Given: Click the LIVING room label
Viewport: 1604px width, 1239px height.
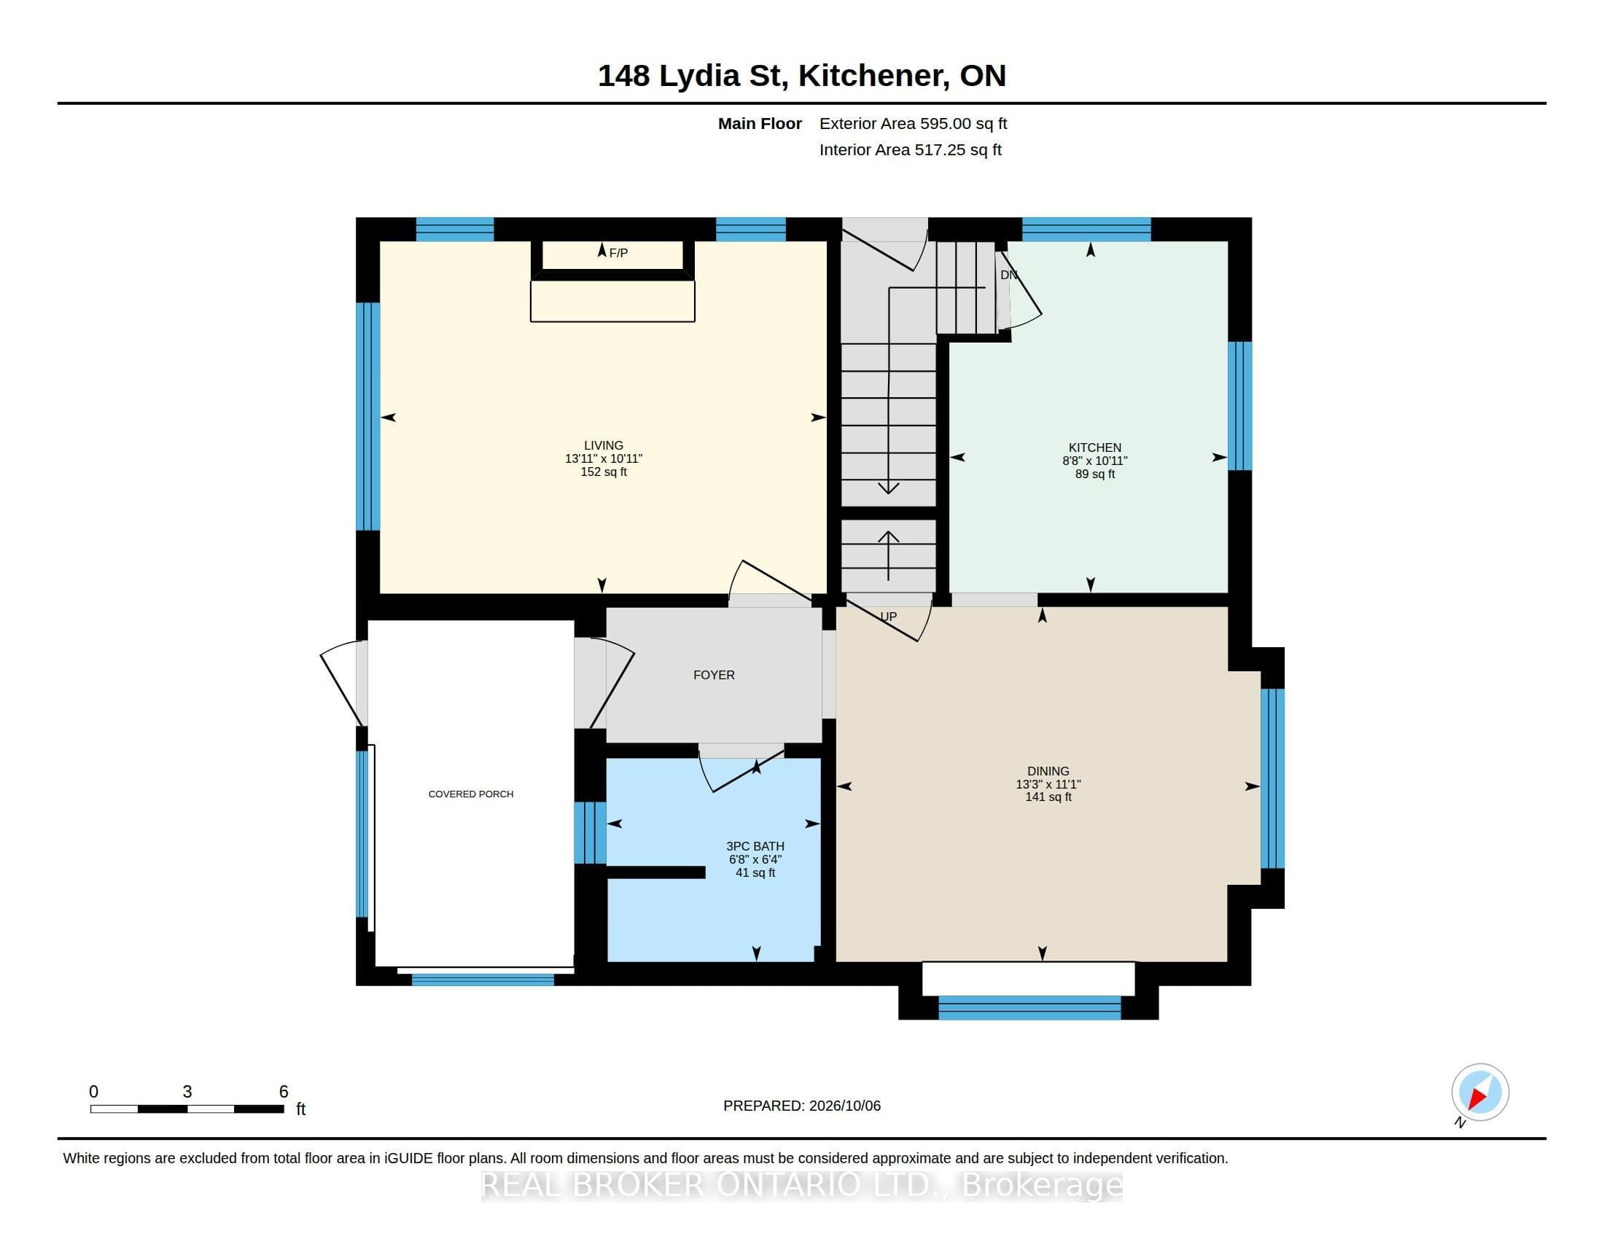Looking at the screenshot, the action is coord(604,445).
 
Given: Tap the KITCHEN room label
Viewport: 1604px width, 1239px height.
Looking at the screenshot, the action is coord(1094,447).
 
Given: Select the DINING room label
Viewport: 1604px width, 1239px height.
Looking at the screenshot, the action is coord(1048,771).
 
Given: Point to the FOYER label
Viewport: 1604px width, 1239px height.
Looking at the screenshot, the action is coord(714,676).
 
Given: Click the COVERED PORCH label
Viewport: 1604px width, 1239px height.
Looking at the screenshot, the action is coord(471,794).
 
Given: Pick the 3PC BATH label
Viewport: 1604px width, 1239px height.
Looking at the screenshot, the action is coord(755,846).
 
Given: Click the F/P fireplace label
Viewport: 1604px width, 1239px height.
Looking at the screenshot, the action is coord(618,253).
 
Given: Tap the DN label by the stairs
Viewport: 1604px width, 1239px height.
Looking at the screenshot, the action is coord(1008,275).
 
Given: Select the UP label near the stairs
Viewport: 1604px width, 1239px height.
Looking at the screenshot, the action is coord(889,617).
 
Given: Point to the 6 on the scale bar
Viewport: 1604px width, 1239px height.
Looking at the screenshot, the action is coord(284,1093).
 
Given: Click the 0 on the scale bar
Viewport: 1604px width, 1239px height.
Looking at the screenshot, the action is coord(93,1093).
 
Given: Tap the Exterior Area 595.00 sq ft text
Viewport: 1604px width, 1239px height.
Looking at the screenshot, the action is coord(913,124).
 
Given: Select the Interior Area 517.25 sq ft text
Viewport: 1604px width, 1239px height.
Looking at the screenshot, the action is coord(910,150).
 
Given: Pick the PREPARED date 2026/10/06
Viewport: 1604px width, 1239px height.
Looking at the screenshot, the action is coord(844,1106).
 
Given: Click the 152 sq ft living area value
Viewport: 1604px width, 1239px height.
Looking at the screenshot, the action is coord(604,472).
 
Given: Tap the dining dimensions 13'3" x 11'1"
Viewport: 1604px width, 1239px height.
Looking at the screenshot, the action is coord(1048,785).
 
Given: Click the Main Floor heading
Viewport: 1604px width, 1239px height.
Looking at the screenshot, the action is coord(760,124).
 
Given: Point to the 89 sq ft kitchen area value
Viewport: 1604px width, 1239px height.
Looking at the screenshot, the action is coord(1094,474).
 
